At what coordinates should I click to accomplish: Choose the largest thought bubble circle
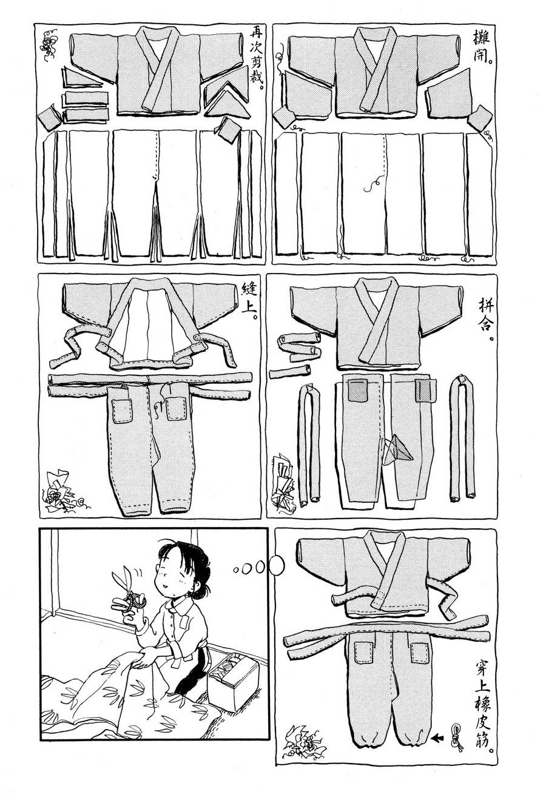[276, 565]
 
